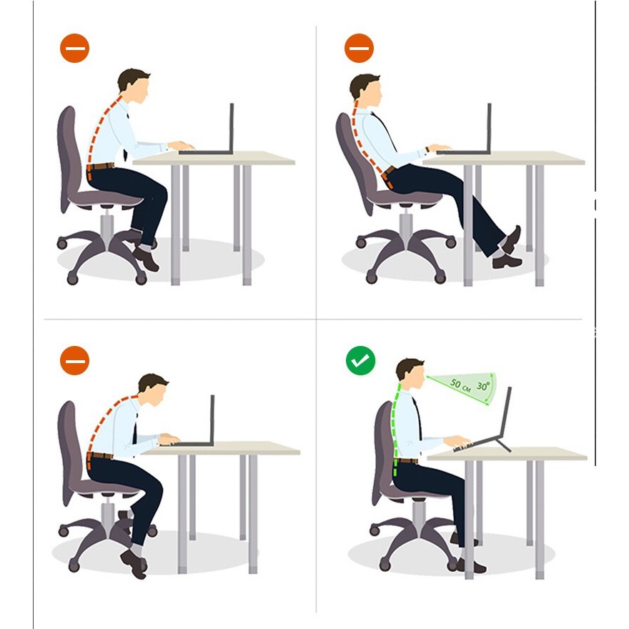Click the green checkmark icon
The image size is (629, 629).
(x=361, y=360)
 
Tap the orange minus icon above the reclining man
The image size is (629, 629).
(x=359, y=48)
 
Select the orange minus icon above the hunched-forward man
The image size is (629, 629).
(x=74, y=360)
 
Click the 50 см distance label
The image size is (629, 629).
(x=460, y=385)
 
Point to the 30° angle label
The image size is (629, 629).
(x=483, y=386)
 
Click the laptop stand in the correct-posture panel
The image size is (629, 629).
(x=500, y=442)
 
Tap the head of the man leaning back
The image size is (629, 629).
(x=365, y=90)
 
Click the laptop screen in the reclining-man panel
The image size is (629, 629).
(x=489, y=127)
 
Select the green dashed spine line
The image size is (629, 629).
(x=396, y=430)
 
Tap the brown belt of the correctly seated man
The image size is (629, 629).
(x=406, y=460)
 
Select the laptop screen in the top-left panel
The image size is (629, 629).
(x=232, y=127)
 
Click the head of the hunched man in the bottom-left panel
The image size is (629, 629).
(x=153, y=390)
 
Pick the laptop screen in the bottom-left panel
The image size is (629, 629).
(x=212, y=419)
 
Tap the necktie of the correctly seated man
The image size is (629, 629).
(x=417, y=417)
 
